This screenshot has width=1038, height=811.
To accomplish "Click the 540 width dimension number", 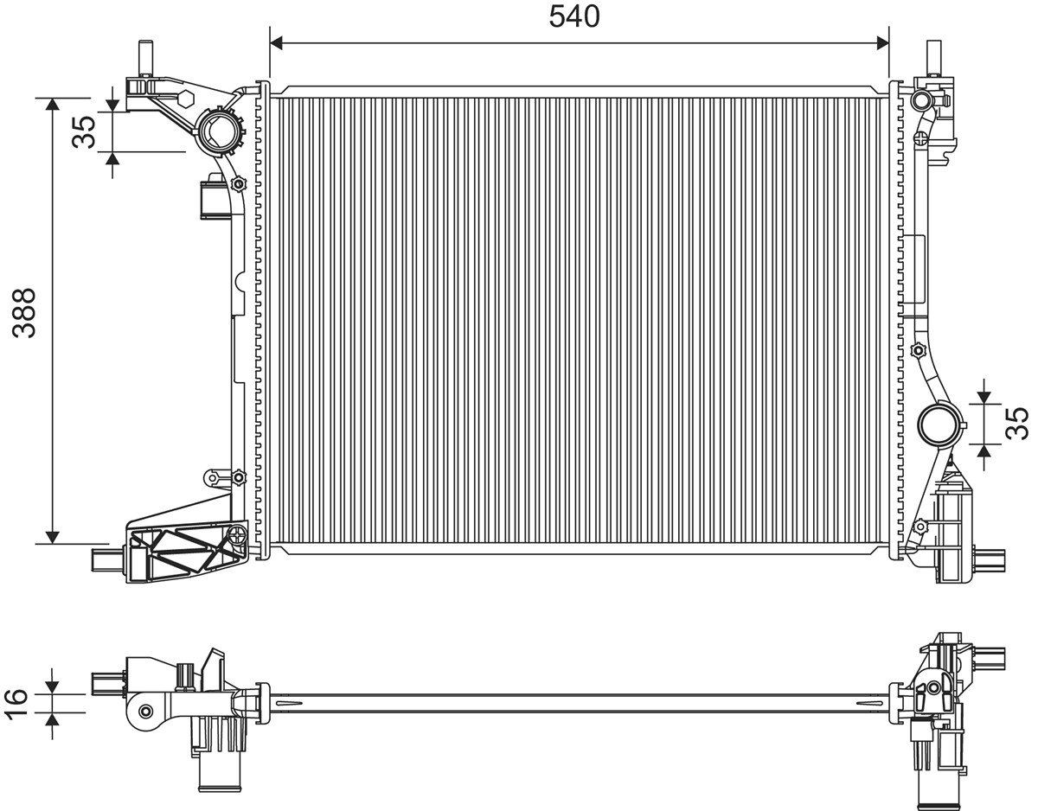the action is click(x=574, y=16).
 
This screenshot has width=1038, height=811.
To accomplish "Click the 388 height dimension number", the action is click(x=24, y=313).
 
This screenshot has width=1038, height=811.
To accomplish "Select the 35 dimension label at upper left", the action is click(x=84, y=131).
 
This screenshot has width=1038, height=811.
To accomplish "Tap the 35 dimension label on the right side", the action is click(x=1016, y=423).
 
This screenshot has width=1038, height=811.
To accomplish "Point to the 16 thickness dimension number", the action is click(x=16, y=703).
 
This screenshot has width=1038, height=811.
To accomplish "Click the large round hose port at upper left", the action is click(x=218, y=130).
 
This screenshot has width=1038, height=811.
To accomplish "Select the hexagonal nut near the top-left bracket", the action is click(x=184, y=99).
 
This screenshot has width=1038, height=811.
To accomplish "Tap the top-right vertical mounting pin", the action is click(x=933, y=58).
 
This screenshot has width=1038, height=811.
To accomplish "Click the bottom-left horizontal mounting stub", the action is click(x=108, y=560).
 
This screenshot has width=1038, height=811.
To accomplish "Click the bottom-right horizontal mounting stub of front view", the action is click(x=990, y=560).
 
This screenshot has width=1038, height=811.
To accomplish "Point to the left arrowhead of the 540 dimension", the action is click(x=277, y=43).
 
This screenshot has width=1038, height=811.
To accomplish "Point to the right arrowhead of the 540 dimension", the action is click(x=882, y=43).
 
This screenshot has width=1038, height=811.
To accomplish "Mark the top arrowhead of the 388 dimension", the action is click(x=53, y=105).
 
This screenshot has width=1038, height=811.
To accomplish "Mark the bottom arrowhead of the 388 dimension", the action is click(x=53, y=537).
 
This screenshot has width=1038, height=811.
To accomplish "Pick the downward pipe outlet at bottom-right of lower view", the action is click(x=937, y=785).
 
